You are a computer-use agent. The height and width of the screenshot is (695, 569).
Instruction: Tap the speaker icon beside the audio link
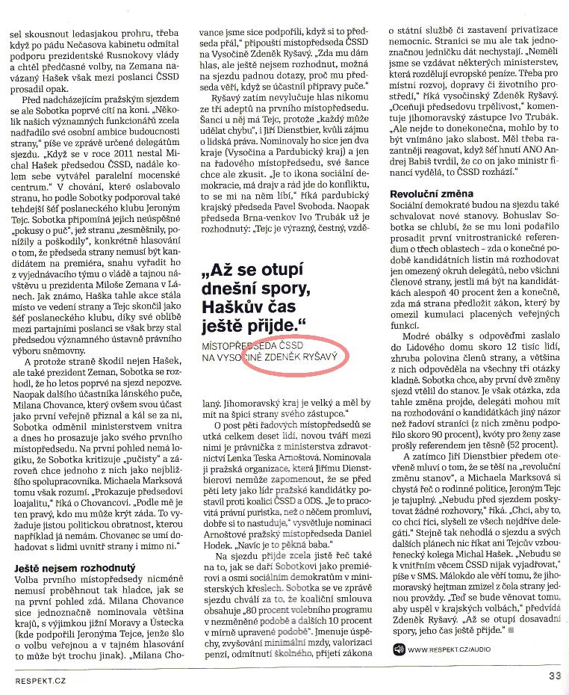398,648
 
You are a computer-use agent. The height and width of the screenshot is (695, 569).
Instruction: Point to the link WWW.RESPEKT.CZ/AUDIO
450,649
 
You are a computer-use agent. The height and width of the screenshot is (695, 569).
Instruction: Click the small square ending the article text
512,630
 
